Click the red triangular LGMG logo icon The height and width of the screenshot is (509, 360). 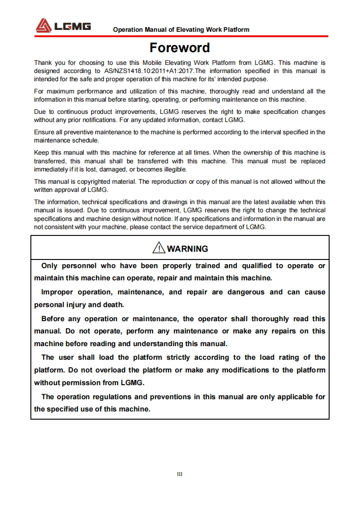(44, 25)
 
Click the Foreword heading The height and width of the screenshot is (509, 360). (180, 48)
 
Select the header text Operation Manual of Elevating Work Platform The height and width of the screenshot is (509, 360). (181, 29)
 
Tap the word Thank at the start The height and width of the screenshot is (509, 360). (43, 63)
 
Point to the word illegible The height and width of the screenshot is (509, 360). (174, 169)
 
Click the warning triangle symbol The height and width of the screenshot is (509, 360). (159, 248)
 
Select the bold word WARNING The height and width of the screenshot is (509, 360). (187, 249)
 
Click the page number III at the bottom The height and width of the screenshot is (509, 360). (180, 474)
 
